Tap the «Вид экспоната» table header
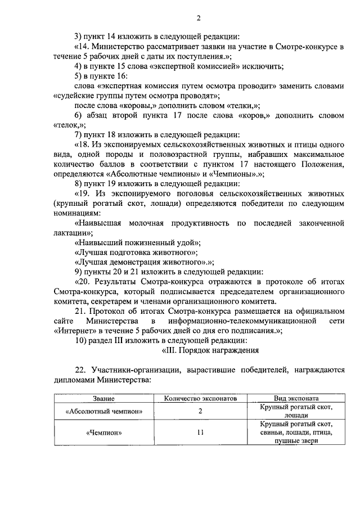[296, 398]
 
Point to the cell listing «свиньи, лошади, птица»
[296, 433]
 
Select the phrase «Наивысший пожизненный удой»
[137, 242]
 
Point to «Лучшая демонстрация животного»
[143, 262]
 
